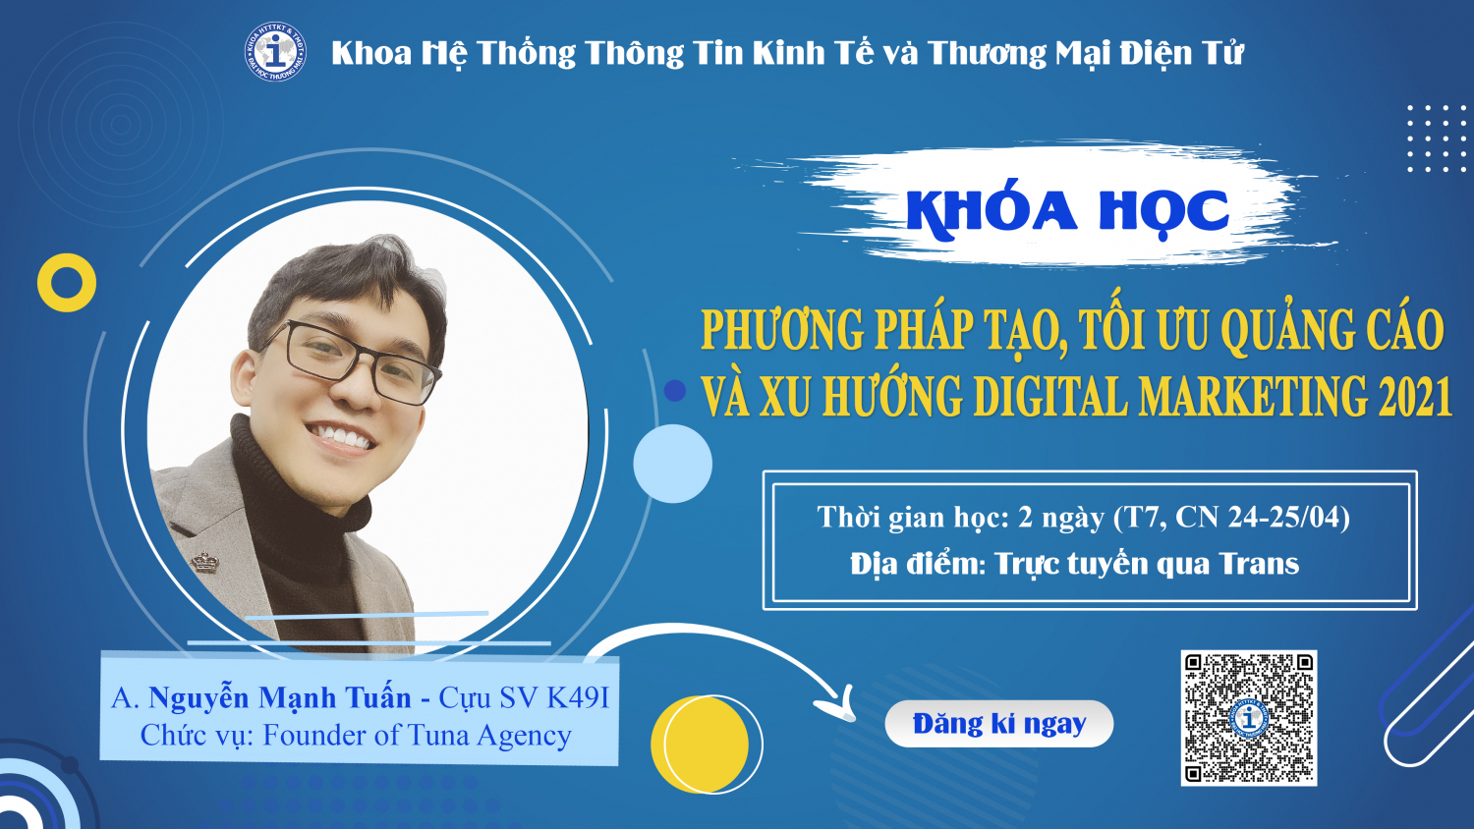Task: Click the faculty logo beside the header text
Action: click(x=275, y=52)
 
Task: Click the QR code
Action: click(x=1248, y=718)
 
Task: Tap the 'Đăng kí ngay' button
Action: click(x=998, y=724)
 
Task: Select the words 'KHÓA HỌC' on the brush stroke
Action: click(x=1067, y=211)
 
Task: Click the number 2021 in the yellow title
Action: click(x=1414, y=397)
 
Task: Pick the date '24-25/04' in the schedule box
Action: click(x=1287, y=517)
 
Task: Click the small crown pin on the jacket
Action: click(x=203, y=561)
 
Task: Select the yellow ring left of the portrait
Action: click(x=67, y=283)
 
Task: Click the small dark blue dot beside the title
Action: click(x=674, y=391)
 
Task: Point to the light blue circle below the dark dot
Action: click(x=672, y=464)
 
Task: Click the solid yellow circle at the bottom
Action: click(x=700, y=744)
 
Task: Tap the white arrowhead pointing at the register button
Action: click(x=840, y=703)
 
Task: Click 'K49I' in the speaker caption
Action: click(x=578, y=697)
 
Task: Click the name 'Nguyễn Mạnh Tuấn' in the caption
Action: click(x=279, y=697)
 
